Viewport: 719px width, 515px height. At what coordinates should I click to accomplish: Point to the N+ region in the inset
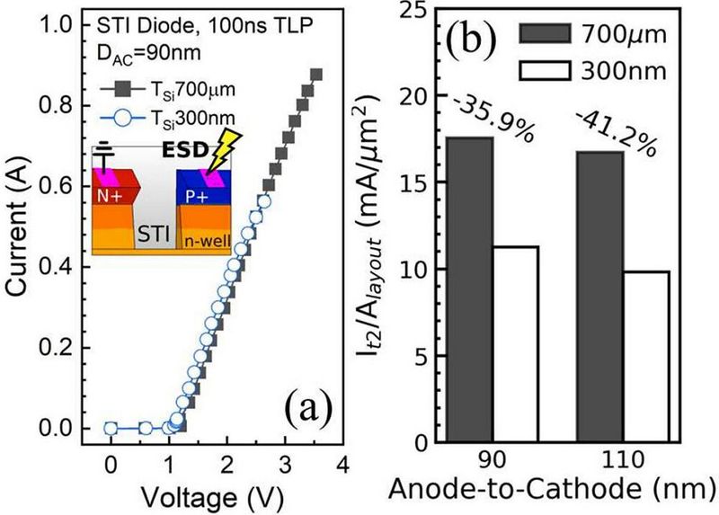coord(114,194)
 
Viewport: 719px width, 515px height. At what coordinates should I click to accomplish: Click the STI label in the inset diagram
coord(156,237)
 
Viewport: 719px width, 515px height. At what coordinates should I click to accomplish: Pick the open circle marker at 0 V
coord(111,429)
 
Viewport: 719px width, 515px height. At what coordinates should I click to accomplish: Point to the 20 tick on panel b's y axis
coord(422,96)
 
